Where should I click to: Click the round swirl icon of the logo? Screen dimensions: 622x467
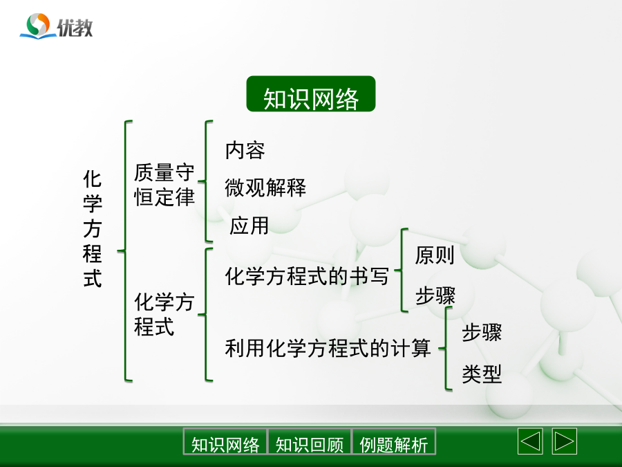pyautogui.click(x=38, y=25)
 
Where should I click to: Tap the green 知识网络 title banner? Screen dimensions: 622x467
pyautogui.click(x=310, y=93)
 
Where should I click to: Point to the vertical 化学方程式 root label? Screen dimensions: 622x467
pyautogui.click(x=93, y=228)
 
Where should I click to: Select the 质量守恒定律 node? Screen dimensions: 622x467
pyautogui.click(x=164, y=185)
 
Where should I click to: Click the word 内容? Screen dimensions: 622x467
pyautogui.click(x=245, y=151)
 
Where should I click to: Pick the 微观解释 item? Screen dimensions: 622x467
pyautogui.click(x=265, y=187)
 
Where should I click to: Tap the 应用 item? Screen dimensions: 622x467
pyautogui.click(x=249, y=226)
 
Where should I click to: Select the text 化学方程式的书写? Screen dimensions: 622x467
pyautogui.click(x=307, y=276)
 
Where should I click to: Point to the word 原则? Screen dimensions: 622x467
pyautogui.click(x=435, y=255)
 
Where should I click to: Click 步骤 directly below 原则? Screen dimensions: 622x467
pyautogui.click(x=435, y=295)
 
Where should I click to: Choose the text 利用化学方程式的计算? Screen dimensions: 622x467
pyautogui.click(x=328, y=348)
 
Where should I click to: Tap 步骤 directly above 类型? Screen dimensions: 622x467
pyautogui.click(x=482, y=332)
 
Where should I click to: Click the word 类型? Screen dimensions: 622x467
pyautogui.click(x=482, y=374)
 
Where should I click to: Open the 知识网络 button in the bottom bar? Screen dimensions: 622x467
pyautogui.click(x=225, y=441)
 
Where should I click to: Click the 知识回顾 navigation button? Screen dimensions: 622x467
pyautogui.click(x=310, y=441)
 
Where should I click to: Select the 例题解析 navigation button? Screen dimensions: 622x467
pyautogui.click(x=393, y=441)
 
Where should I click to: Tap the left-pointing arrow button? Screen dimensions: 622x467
pyautogui.click(x=530, y=441)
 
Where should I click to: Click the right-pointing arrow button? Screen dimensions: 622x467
pyautogui.click(x=564, y=441)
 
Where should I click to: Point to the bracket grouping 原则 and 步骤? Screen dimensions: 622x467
pyautogui.click(x=402, y=270)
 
